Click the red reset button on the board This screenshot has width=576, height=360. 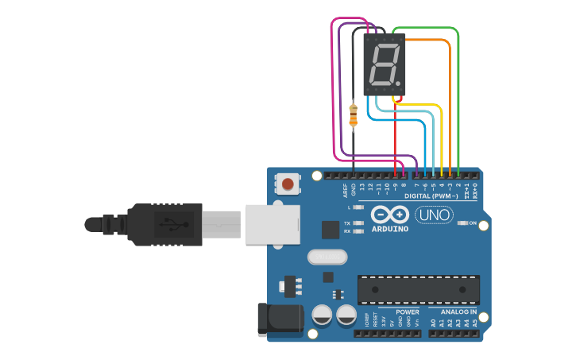click(x=287, y=185)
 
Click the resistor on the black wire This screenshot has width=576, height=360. click(x=354, y=115)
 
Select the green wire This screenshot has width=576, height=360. click(x=458, y=95)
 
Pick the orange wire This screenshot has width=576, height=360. click(x=450, y=103)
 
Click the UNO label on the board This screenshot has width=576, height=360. click(x=434, y=215)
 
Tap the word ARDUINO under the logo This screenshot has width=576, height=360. click(x=389, y=229)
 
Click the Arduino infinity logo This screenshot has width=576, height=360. click(x=389, y=215)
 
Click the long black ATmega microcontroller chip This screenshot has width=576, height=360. click(x=419, y=289)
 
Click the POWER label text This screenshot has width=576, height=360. click(x=408, y=312)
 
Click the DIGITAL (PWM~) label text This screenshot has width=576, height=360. click(x=428, y=195)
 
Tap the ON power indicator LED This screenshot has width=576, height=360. click(x=463, y=223)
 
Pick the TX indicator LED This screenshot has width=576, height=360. click(x=358, y=223)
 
